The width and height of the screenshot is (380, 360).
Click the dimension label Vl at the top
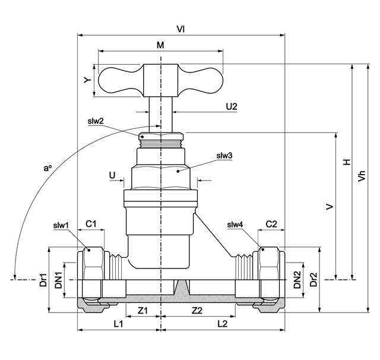180,28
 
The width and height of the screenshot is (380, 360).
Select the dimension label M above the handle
160,45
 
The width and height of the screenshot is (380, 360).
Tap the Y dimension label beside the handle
88,79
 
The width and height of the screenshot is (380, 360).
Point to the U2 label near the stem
231,106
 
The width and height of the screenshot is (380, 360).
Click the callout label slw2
95,121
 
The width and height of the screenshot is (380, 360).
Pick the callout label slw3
223,156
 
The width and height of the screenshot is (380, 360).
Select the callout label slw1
61,226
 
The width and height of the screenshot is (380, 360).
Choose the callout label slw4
235,225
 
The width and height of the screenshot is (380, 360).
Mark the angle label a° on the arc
48,169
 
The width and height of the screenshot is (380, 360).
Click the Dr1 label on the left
43,279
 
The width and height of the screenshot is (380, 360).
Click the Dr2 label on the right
314,279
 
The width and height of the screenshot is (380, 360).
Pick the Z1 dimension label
142,311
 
